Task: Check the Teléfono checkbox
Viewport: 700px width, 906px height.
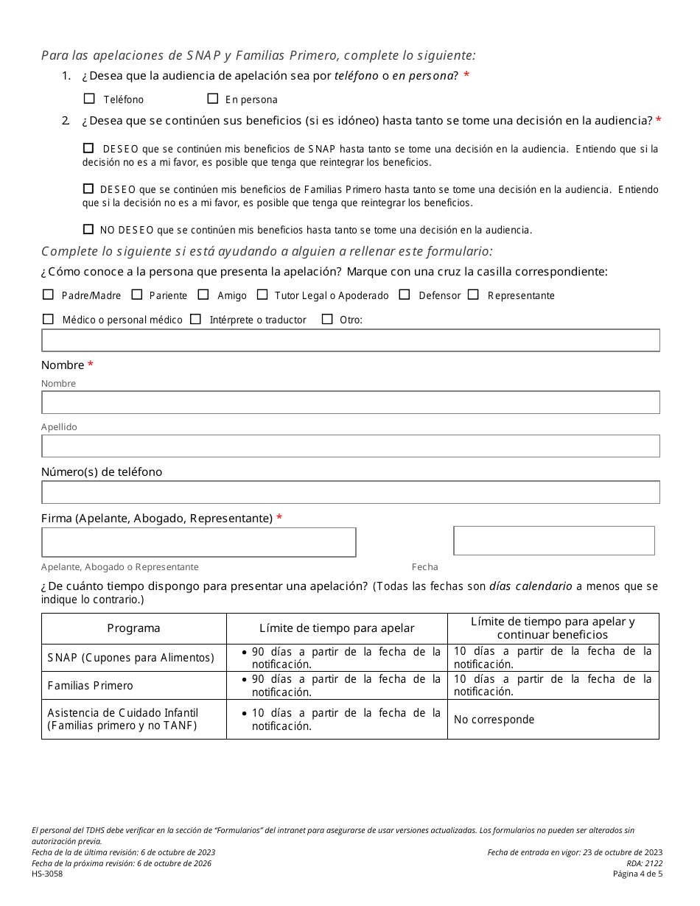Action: (x=90, y=99)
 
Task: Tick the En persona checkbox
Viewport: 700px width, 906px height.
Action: (x=213, y=99)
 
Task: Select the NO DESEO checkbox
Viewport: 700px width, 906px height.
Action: (x=88, y=229)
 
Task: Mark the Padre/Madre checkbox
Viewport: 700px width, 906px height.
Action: (x=49, y=295)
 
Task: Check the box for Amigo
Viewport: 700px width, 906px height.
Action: (x=204, y=295)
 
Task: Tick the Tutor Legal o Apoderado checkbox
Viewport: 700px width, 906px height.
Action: (x=262, y=295)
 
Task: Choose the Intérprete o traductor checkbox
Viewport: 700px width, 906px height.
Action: (x=196, y=319)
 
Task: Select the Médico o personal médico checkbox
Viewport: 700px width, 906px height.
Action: (x=49, y=319)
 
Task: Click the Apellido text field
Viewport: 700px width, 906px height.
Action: (x=350, y=446)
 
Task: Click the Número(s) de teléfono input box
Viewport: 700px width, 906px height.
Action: (x=350, y=492)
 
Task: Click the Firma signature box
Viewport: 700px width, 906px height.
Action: (x=198, y=542)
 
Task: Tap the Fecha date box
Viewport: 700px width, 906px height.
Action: (x=553, y=541)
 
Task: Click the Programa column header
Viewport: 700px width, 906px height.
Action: (x=133, y=628)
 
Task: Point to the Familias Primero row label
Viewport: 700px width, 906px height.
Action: (x=91, y=686)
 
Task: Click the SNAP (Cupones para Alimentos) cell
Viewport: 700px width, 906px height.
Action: (x=131, y=658)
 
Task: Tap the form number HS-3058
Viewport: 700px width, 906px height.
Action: (x=47, y=874)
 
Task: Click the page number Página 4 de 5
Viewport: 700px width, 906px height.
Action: (x=637, y=874)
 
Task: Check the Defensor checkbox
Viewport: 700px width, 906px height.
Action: (x=405, y=295)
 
